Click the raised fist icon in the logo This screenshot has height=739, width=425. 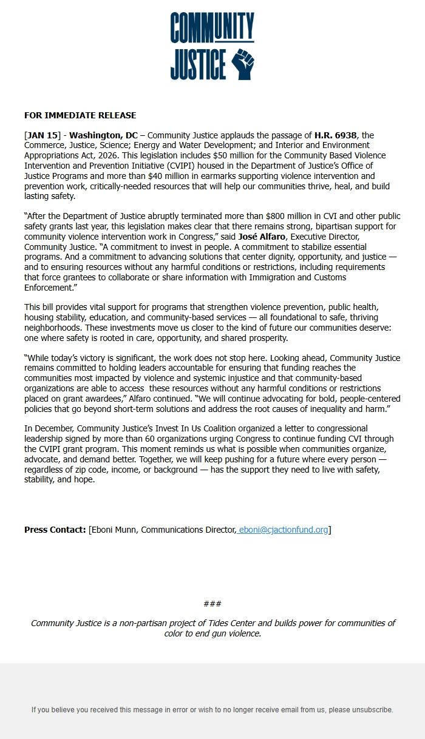click(x=243, y=64)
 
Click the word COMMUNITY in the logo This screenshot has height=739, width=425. click(x=212, y=27)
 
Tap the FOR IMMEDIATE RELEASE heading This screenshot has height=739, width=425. click(x=80, y=115)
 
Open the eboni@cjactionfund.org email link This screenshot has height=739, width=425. click(x=284, y=530)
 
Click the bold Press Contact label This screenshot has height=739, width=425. click(x=55, y=530)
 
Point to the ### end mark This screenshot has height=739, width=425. click(x=212, y=604)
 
